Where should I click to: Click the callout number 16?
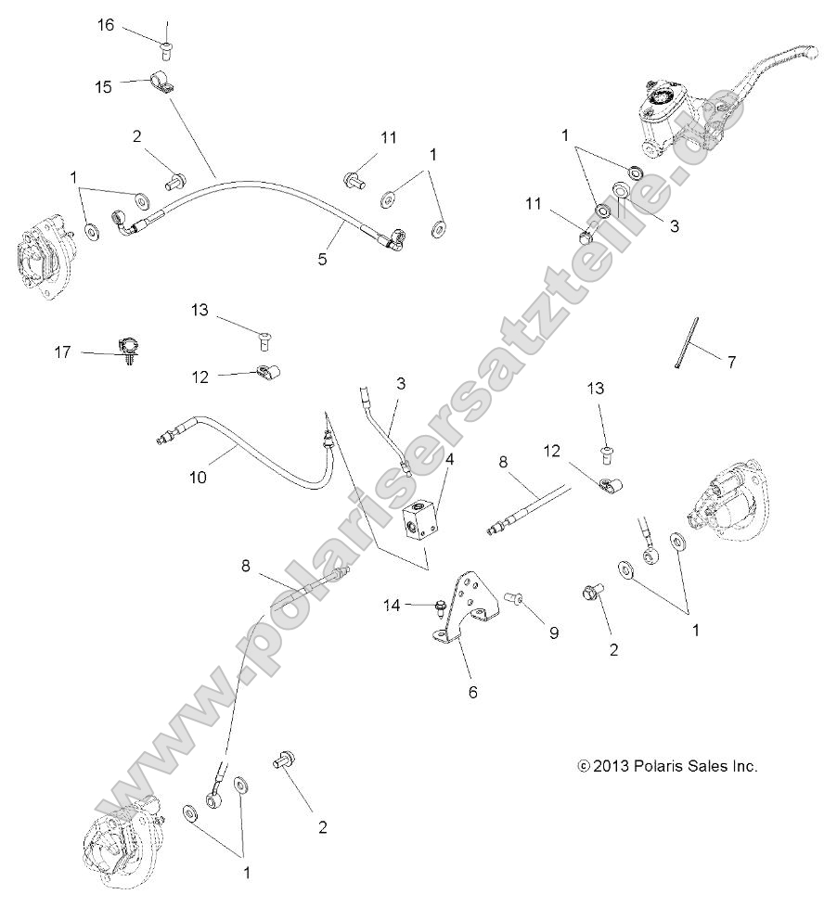[107, 25]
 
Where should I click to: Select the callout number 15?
[103, 86]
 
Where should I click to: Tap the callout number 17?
[64, 352]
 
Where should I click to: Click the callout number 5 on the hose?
[322, 260]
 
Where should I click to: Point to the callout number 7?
[731, 363]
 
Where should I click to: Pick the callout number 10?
[198, 478]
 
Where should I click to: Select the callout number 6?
[472, 692]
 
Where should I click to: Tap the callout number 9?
[553, 633]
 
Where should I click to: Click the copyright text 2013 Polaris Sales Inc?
[668, 766]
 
